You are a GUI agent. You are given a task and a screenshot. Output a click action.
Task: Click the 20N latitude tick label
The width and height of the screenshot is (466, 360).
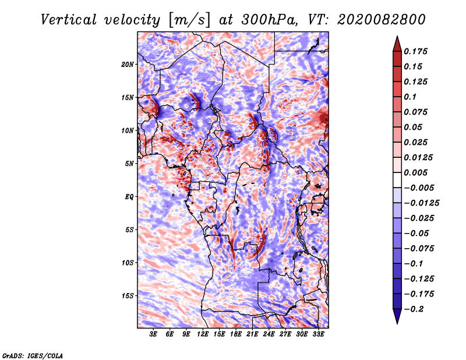coord(128,65)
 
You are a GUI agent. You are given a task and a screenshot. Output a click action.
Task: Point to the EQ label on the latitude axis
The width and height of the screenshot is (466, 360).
coord(129,197)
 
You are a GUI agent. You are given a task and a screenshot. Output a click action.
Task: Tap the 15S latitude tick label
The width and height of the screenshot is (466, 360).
coord(128,296)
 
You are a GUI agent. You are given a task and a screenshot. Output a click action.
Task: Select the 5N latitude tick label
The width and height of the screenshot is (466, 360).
coord(129,164)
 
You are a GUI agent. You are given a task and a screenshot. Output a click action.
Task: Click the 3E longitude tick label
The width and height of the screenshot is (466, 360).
coord(153,334)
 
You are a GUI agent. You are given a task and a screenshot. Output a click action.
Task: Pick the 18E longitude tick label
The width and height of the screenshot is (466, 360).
coord(236,334)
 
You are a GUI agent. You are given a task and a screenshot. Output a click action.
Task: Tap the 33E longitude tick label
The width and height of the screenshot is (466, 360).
coord(318,334)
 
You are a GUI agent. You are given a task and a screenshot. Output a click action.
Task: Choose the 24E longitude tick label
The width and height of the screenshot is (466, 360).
coord(269,334)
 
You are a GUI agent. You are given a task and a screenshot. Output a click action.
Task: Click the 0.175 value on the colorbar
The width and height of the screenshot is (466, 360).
coord(415,51)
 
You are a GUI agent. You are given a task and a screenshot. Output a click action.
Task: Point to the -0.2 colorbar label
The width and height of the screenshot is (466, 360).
coord(414,309)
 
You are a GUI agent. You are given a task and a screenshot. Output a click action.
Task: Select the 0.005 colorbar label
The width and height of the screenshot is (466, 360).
coord(415,172)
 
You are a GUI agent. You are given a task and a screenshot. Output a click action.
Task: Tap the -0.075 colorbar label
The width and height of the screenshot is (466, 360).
coord(419,249)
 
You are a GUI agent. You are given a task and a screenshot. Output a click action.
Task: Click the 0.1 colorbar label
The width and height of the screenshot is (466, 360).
coord(410,97)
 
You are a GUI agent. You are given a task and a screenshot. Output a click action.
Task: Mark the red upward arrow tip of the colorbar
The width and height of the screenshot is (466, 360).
coord(397,37)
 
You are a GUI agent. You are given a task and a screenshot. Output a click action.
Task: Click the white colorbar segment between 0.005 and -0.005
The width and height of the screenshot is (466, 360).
coord(397,180)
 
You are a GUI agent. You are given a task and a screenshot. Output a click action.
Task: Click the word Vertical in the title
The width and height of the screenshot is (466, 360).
coord(68,20)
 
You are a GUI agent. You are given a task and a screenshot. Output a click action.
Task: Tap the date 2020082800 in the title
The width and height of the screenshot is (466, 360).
coord(382,20)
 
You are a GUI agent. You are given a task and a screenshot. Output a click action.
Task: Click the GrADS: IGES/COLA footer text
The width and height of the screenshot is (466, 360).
coord(33,356)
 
